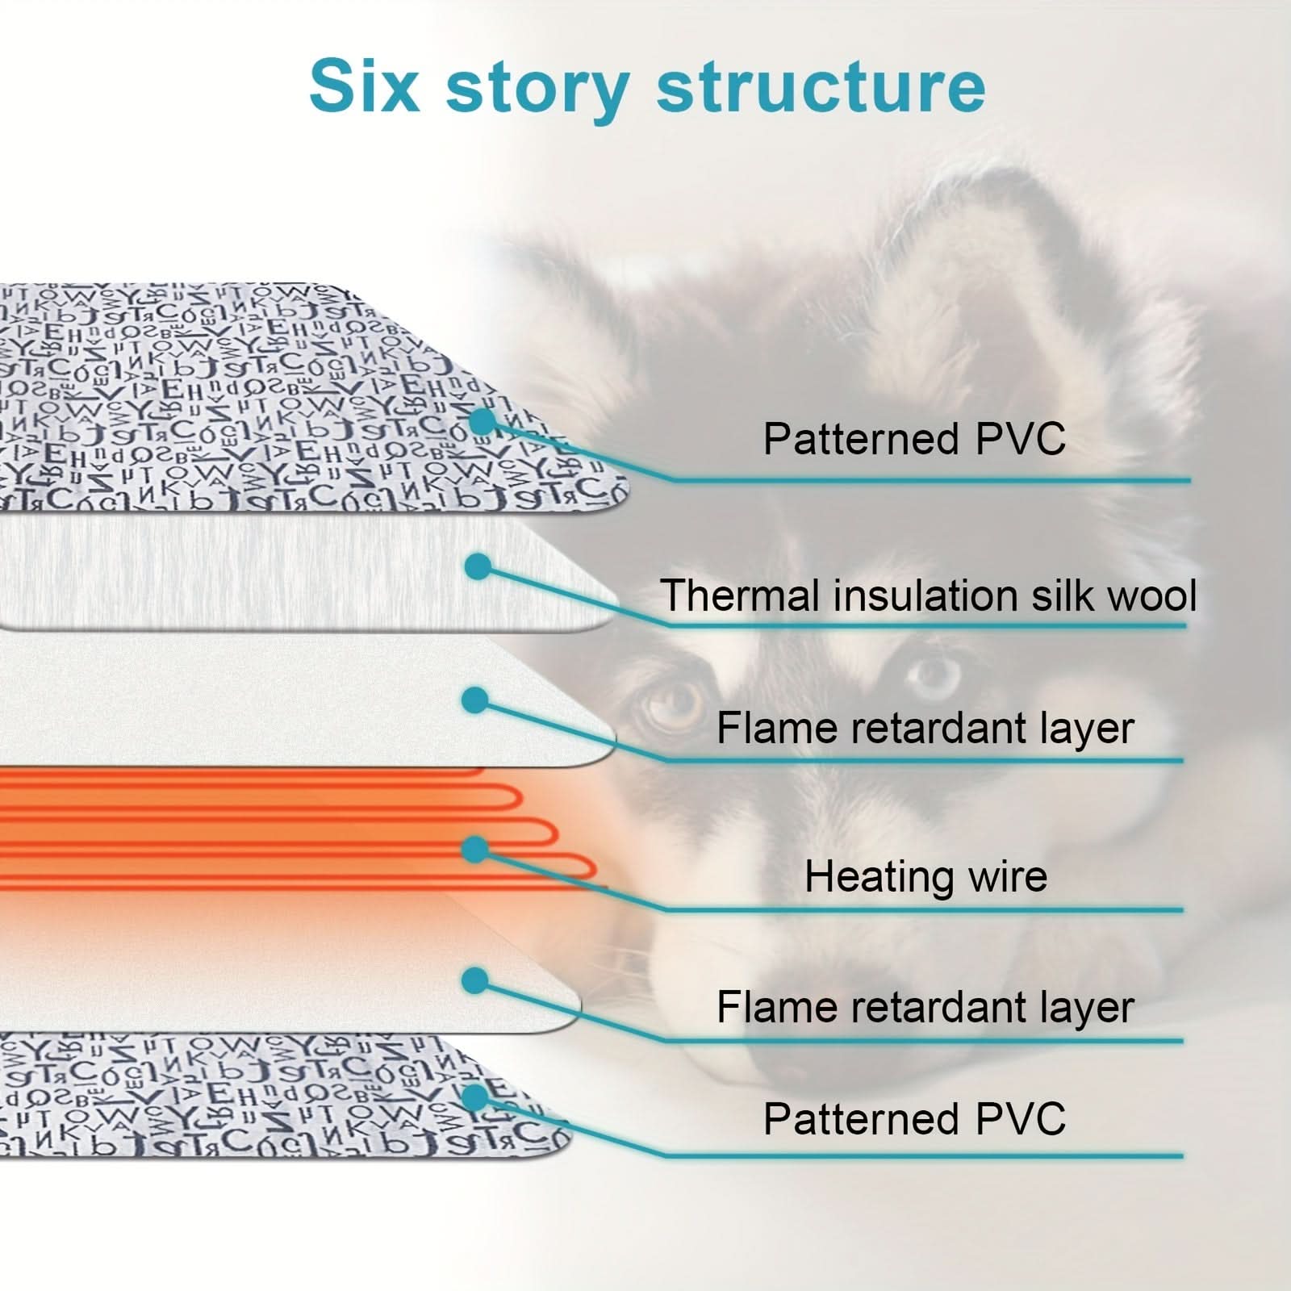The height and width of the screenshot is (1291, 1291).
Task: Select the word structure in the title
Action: (x=821, y=85)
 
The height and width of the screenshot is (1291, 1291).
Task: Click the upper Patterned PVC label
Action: (x=914, y=439)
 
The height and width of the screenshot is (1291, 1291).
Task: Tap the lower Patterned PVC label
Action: (x=914, y=1119)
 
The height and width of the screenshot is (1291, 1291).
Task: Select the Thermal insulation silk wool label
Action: (x=928, y=595)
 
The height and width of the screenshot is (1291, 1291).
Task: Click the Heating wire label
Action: (x=925, y=876)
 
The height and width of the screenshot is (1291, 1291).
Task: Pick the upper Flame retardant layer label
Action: (x=925, y=728)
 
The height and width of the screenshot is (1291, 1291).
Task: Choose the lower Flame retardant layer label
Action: (x=925, y=1007)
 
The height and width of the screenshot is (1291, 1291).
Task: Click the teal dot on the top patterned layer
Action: (x=482, y=420)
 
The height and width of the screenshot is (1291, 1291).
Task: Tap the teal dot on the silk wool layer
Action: (x=478, y=566)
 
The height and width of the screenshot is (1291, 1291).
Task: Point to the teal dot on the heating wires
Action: (x=475, y=849)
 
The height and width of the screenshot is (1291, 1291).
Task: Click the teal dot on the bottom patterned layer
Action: (x=475, y=1097)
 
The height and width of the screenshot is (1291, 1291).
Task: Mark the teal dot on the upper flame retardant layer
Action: (x=475, y=700)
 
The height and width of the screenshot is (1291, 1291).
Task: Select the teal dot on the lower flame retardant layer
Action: (x=475, y=981)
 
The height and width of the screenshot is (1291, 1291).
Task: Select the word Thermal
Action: (x=742, y=595)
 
